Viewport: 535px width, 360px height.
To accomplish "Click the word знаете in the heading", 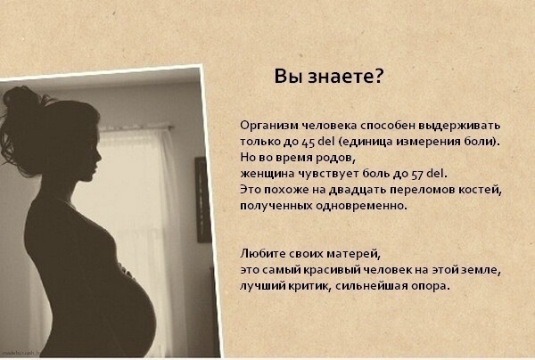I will point(349,77).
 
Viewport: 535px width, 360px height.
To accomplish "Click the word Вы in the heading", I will point(287,76).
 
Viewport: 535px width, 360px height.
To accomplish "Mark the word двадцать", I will point(361,189).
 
